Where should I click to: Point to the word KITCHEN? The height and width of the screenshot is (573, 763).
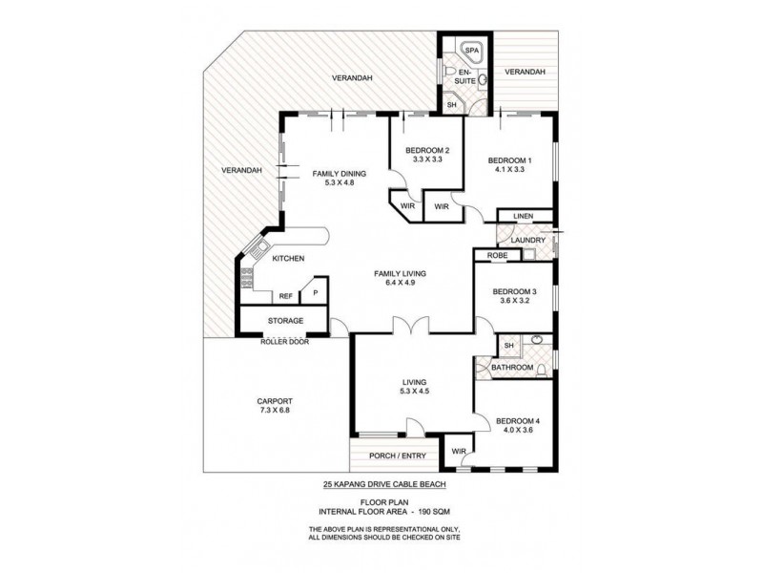[x=288, y=259]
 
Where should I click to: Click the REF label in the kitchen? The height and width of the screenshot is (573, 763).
[x=285, y=296]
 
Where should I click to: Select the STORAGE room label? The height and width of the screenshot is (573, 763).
[x=285, y=321]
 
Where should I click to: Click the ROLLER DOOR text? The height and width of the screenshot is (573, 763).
[x=285, y=340]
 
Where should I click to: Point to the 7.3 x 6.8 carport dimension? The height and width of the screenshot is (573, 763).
[x=274, y=411]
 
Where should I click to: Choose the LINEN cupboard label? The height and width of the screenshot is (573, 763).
[x=523, y=217]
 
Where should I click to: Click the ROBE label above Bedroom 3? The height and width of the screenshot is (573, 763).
[x=496, y=256]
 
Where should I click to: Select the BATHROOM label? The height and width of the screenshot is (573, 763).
[x=511, y=367]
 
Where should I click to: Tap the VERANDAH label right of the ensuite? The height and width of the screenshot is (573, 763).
[x=525, y=72]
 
